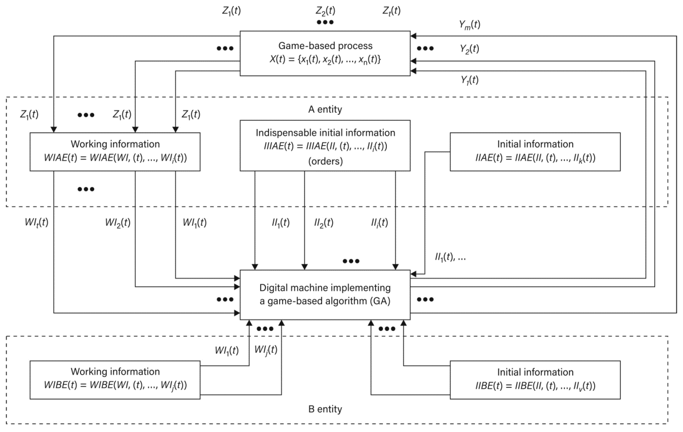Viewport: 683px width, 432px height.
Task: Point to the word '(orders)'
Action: [x=325, y=161]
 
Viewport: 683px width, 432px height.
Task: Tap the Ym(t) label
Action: [x=469, y=25]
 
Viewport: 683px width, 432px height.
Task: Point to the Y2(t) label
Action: [x=469, y=49]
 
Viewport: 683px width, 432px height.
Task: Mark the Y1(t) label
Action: [x=469, y=80]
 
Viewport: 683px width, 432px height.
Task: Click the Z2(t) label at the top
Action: [x=325, y=11]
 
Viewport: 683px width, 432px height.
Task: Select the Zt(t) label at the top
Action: [x=392, y=11]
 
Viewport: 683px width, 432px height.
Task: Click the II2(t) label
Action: [x=324, y=223]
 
